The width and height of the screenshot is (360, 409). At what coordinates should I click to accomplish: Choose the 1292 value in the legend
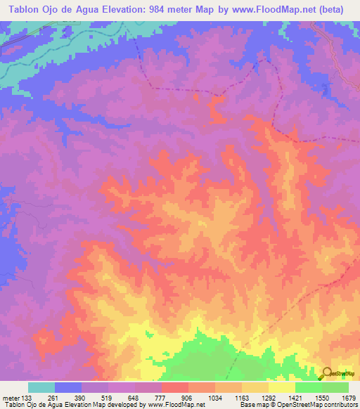tap(268, 397)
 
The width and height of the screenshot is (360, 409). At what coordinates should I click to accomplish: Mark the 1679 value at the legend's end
tap(347, 397)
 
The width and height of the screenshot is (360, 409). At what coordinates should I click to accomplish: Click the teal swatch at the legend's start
tap(41, 387)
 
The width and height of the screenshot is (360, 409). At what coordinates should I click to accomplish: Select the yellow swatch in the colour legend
tap(281, 387)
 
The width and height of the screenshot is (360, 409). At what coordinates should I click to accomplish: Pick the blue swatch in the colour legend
tap(68, 387)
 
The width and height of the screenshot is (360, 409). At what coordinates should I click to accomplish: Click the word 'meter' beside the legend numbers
tap(10, 397)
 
